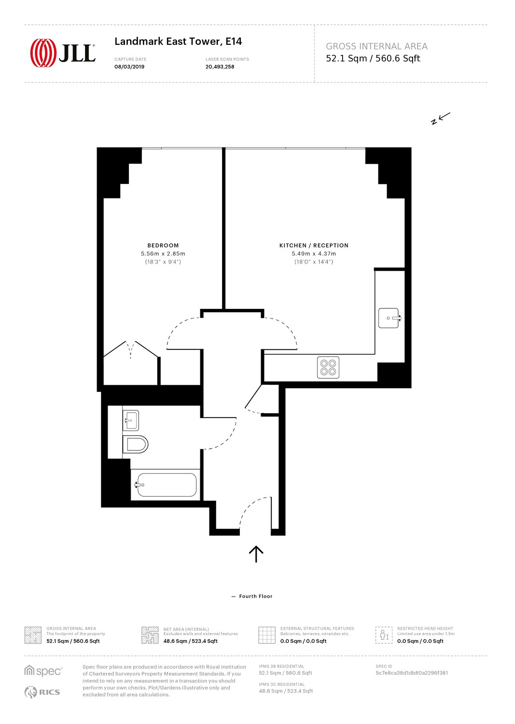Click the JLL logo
click(x=63, y=53)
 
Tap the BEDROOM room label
click(x=163, y=245)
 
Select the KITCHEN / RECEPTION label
click(x=314, y=245)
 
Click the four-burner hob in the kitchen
click(x=328, y=367)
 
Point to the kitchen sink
click(x=390, y=318)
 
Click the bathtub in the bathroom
click(x=167, y=485)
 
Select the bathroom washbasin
click(x=131, y=420)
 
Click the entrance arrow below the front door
click(x=256, y=554)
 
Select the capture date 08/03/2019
click(x=129, y=67)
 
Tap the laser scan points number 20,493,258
click(x=220, y=67)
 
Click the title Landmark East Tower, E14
click(x=178, y=42)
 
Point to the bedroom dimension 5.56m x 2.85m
click(x=163, y=254)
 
